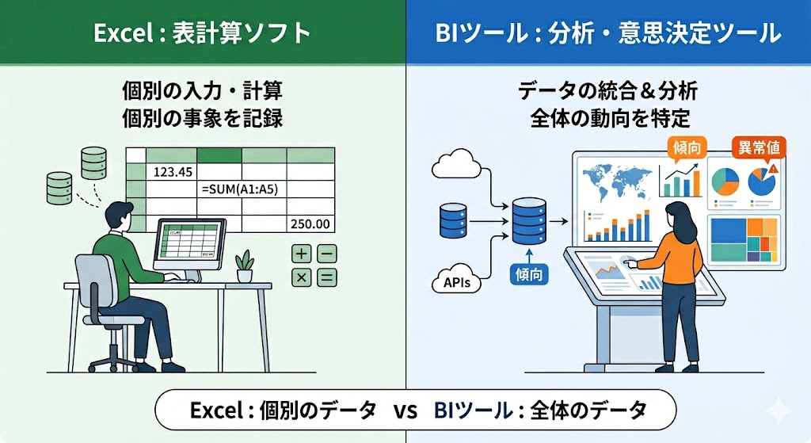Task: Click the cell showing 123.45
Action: pos(174,171)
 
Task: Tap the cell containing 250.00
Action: pos(310,224)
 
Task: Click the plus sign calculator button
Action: pos(302,254)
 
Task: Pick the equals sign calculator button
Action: pos(326,277)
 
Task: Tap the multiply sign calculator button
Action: pos(302,277)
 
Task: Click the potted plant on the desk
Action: pos(246,265)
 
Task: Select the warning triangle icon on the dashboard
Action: pos(774,168)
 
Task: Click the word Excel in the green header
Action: pos(118,33)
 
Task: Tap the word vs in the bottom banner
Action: pos(405,411)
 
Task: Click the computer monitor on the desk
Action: pos(188,243)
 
